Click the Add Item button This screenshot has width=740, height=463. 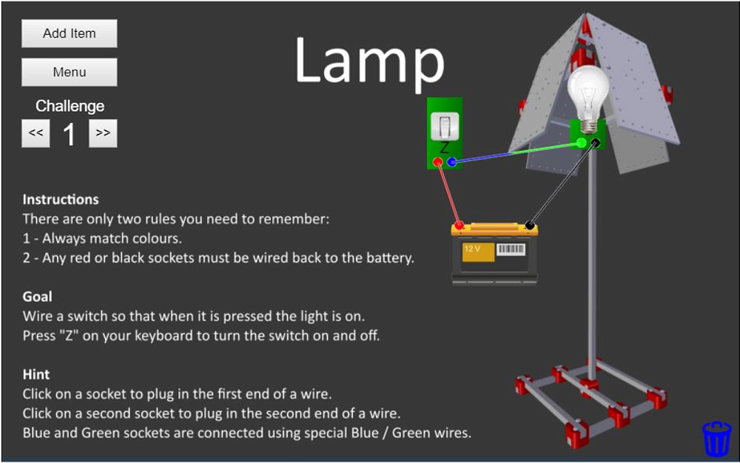pyautogui.click(x=69, y=33)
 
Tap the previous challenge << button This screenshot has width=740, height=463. pyautogui.click(x=36, y=133)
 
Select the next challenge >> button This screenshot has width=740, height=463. pyautogui.click(x=103, y=133)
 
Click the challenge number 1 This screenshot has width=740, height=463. pyautogui.click(x=69, y=135)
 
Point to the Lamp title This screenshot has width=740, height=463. pyautogui.click(x=369, y=61)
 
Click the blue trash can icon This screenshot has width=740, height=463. pyautogui.click(x=716, y=438)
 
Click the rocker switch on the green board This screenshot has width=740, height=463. pyautogui.click(x=445, y=126)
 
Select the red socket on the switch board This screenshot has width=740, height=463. pyautogui.click(x=437, y=162)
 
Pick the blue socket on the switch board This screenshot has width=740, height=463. pyautogui.click(x=451, y=162)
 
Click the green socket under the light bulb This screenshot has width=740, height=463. pyautogui.click(x=582, y=143)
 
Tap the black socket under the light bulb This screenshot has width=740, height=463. pyautogui.click(x=596, y=143)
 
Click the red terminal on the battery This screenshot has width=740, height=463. pyautogui.click(x=460, y=225)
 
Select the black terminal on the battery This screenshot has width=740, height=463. pyautogui.click(x=530, y=225)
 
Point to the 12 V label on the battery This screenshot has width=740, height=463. pyautogui.click(x=471, y=249)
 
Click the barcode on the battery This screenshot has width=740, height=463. pyautogui.click(x=511, y=249)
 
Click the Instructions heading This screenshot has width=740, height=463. pyautogui.click(x=61, y=200)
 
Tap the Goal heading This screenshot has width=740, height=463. pyautogui.click(x=37, y=297)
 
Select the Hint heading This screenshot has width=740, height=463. pyautogui.click(x=36, y=375)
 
